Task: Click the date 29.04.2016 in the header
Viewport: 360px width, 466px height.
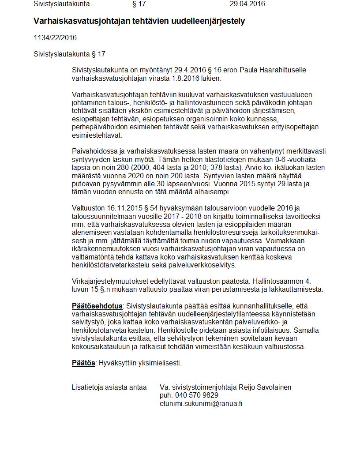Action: pyautogui.click(x=247, y=4)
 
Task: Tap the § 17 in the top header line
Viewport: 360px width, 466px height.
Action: pyautogui.click(x=139, y=4)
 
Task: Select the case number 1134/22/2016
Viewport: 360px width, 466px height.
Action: pyautogui.click(x=55, y=38)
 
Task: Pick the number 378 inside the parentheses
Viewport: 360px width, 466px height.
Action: pyautogui.click(x=220, y=168)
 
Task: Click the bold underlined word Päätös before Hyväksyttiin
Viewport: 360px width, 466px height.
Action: pyautogui.click(x=83, y=363)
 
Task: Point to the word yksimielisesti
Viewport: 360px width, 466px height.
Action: pyautogui.click(x=160, y=363)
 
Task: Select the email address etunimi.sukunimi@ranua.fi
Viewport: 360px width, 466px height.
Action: pyautogui.click(x=201, y=403)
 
